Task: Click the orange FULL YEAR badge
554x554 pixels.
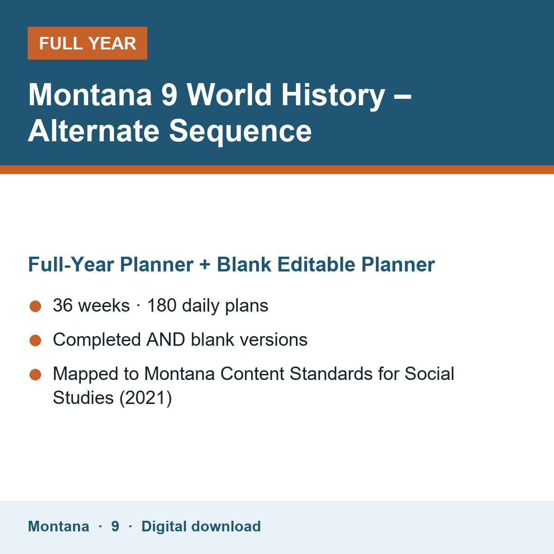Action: click(x=87, y=43)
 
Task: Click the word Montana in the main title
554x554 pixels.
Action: click(x=90, y=95)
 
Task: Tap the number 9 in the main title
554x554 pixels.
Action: click(x=169, y=95)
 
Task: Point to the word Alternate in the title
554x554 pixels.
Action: click(x=94, y=131)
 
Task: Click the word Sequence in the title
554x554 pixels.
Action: click(x=241, y=132)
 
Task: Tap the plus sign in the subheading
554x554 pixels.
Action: click(x=205, y=265)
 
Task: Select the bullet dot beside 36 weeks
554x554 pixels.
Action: click(x=36, y=306)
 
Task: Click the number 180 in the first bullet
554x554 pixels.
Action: click(x=162, y=305)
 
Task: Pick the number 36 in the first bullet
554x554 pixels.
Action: click(x=63, y=305)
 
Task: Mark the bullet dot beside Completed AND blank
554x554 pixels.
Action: click(x=36, y=340)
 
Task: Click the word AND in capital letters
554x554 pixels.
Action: click(x=166, y=339)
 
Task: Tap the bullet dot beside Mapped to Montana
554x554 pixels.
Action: click(x=36, y=374)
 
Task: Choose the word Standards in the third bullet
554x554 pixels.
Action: click(x=331, y=374)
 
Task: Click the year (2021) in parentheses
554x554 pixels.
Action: click(x=145, y=398)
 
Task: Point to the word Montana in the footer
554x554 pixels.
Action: click(x=58, y=526)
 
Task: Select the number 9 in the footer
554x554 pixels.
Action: click(x=115, y=526)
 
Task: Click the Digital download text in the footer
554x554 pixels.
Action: click(x=201, y=527)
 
